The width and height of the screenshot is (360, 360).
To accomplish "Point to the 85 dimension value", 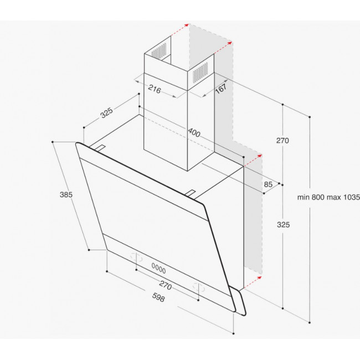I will tap(268, 184).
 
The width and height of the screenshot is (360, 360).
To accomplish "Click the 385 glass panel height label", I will tap(67, 194).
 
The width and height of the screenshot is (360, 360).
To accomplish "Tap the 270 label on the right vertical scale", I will tap(282, 141).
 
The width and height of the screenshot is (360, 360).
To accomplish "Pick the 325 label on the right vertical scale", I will tap(282, 225).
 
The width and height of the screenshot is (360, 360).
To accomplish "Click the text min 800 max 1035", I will tap(328, 197).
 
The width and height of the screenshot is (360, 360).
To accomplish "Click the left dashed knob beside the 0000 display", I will tap(135, 257).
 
